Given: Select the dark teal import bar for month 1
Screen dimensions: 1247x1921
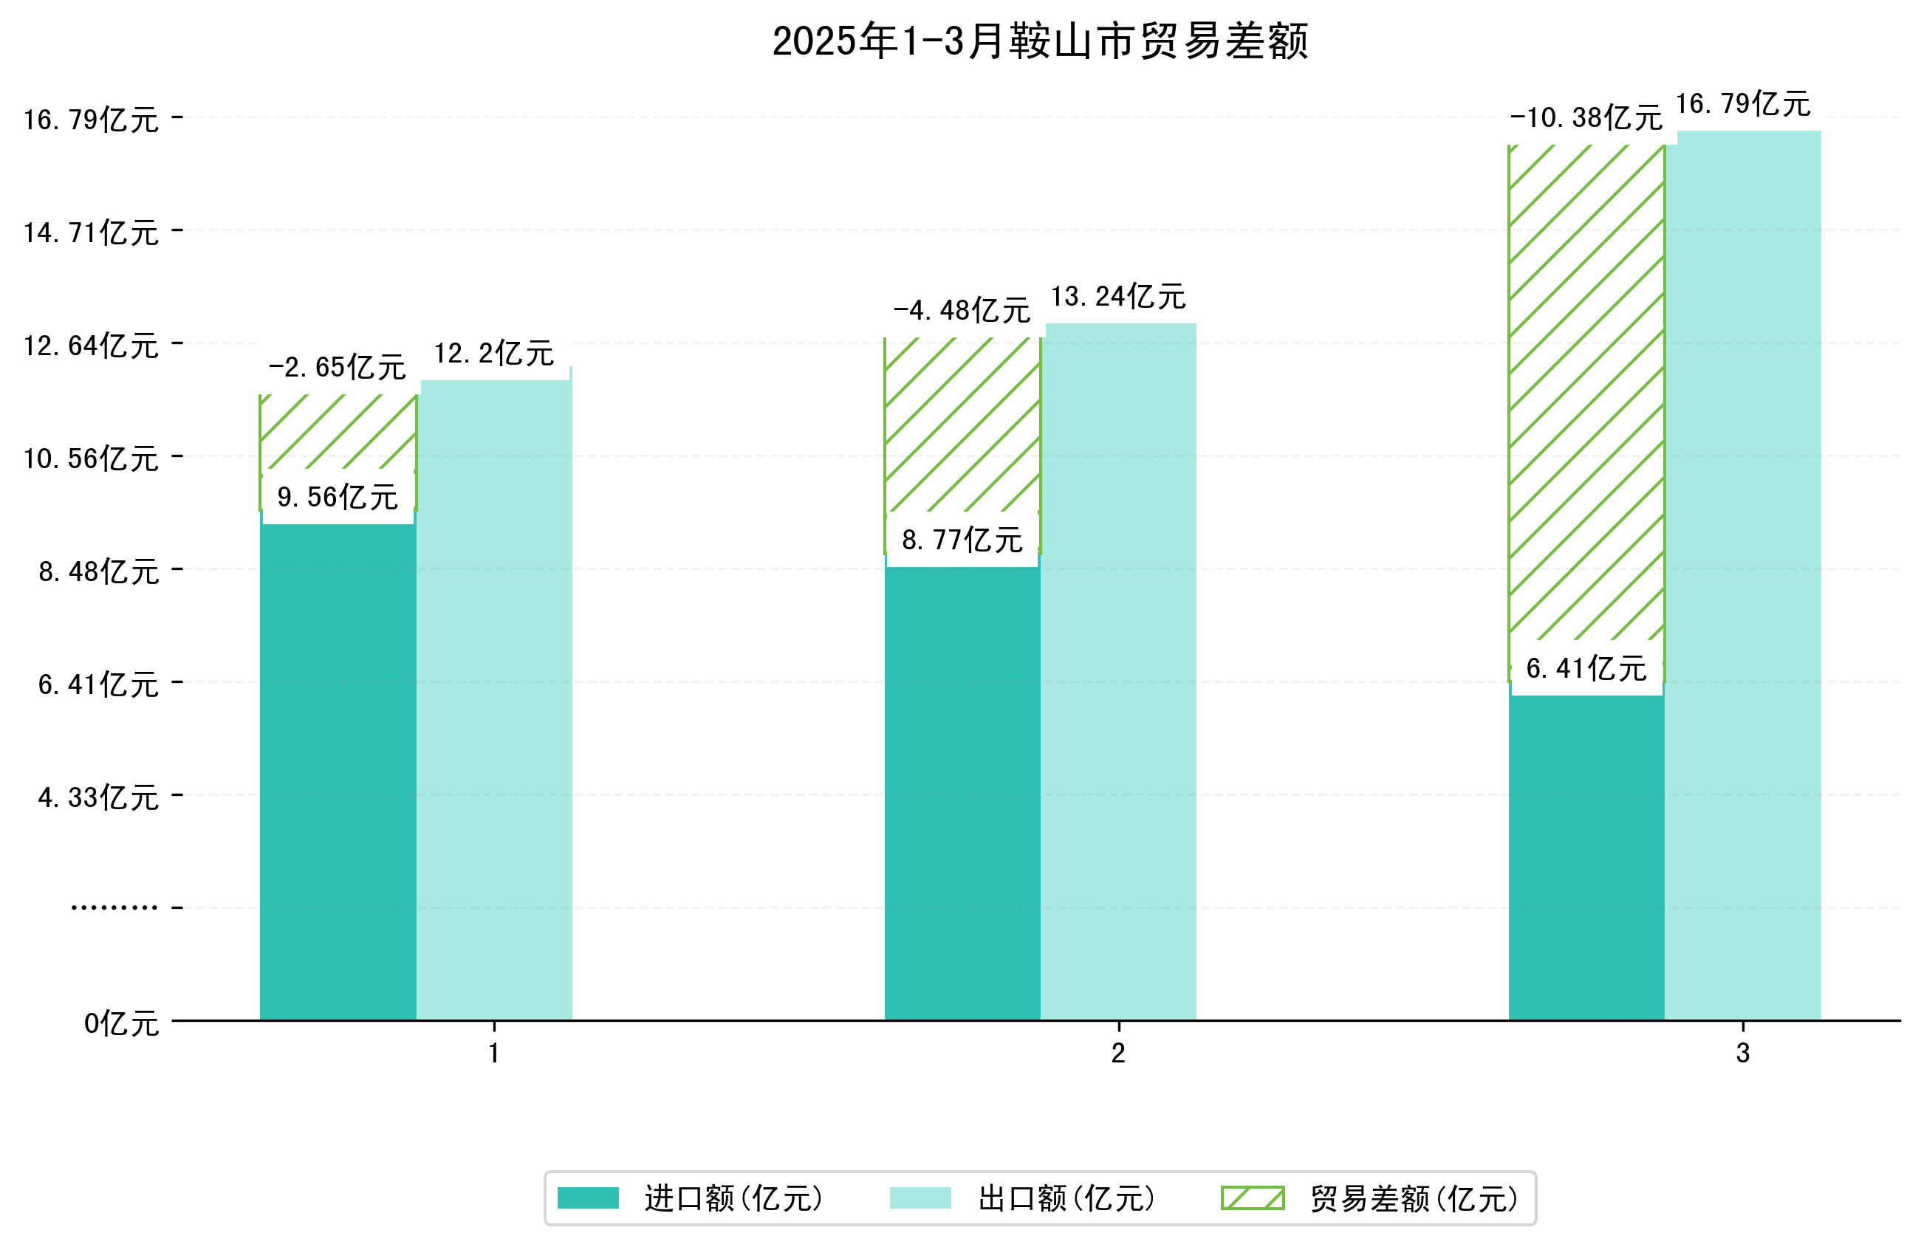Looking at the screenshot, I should pos(338,767).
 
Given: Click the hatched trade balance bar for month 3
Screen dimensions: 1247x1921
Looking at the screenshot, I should pos(1586,388).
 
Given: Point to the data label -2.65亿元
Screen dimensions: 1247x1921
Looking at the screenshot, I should pos(338,367).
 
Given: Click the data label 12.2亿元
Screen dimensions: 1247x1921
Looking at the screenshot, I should pos(494,354).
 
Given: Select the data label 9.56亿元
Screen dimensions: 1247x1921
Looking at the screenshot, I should pos(338,497).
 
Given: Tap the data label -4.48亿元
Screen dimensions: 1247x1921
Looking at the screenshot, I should pos(962,310).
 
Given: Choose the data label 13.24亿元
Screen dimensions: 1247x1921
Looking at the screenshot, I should pos(1118,297).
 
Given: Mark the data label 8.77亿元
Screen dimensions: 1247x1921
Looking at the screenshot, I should pos(962,540).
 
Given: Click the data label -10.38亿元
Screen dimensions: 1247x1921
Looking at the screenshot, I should pos(1586,118).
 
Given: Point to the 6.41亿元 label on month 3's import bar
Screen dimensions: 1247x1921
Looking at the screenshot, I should pos(1586,668).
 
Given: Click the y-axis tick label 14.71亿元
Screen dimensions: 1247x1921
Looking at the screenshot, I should pos(91,233).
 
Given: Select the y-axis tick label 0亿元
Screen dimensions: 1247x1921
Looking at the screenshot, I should pos(121,1023).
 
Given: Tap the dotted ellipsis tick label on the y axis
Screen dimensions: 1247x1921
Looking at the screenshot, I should pos(114,908).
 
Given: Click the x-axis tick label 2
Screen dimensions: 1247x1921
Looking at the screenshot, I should pos(1118,1054).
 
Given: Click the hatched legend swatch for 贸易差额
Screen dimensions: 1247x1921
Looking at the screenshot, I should pos(1252,1198).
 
